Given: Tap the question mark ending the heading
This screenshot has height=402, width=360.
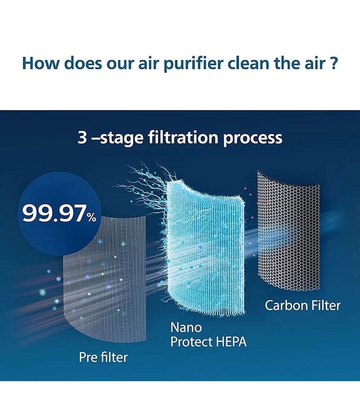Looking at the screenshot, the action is coord(333,63).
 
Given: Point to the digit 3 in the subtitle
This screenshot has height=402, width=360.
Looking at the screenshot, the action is coord(82,137).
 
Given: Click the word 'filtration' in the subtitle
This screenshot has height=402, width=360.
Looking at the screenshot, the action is coord(183,137).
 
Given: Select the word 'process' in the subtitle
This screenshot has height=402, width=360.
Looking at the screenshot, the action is coord(252,139).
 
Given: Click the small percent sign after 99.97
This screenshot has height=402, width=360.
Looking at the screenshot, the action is coord(91,217).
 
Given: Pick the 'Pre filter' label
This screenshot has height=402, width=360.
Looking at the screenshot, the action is coord(103,357).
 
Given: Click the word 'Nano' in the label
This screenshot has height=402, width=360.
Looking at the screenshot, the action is coord(186,328).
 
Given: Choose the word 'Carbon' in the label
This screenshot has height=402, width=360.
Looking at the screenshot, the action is coord(286,306).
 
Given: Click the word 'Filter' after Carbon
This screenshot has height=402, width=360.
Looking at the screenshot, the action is coord(326,306).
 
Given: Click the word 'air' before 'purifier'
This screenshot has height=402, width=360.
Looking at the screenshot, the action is coord(149,63).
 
